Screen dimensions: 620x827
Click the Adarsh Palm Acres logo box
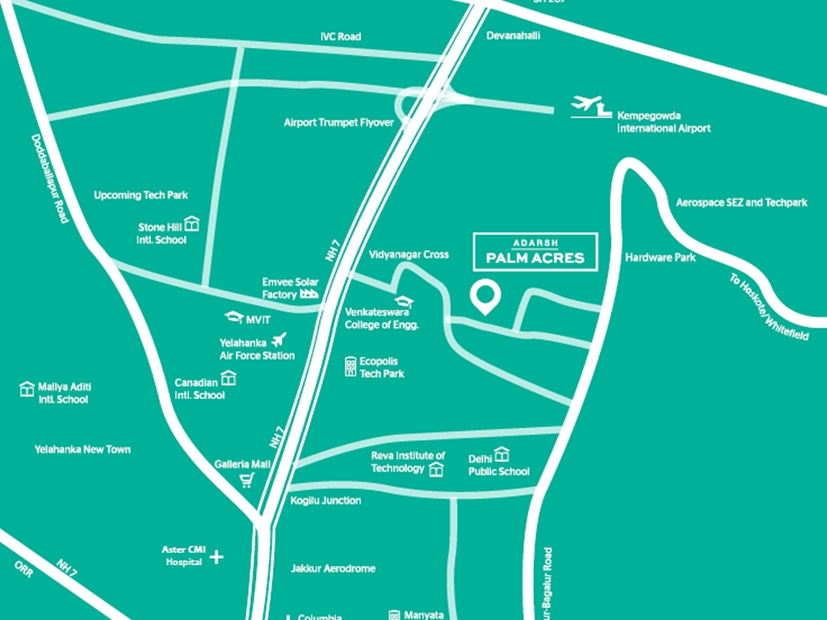[x=535, y=251]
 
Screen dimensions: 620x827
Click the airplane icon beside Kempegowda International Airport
[x=587, y=106]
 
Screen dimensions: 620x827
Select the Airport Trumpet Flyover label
[x=338, y=123]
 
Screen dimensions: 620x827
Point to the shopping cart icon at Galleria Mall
[x=247, y=480]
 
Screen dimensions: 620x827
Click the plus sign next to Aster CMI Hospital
[x=216, y=556]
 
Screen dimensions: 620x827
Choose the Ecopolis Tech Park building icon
[x=350, y=367]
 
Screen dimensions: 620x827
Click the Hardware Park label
[x=660, y=258]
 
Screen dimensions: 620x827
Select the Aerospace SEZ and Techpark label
[x=741, y=203]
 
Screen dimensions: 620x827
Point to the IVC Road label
[x=340, y=36]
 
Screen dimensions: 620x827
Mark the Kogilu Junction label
[x=325, y=501]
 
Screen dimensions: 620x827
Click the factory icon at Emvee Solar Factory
[x=309, y=295]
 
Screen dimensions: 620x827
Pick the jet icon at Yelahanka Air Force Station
[x=279, y=340]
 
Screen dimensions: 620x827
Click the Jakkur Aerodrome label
[x=333, y=568]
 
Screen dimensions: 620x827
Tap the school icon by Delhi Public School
[x=502, y=455]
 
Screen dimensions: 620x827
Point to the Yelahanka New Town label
[x=82, y=449]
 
